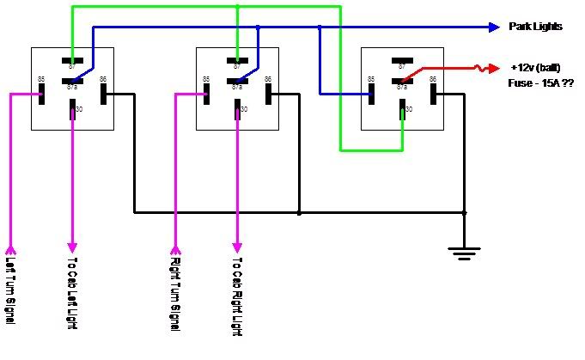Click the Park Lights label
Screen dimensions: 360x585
pos(535,27)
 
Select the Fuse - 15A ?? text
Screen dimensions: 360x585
pos(541,83)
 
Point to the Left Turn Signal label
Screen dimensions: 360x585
pos(10,290)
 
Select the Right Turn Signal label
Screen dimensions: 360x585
pos(175,290)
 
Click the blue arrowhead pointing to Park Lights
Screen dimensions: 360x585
pos(494,27)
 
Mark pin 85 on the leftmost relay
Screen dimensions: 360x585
pos(41,93)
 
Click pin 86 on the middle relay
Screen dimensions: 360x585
pos(268,93)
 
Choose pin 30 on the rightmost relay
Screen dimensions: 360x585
pos(402,111)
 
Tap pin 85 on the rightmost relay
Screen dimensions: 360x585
pos(371,93)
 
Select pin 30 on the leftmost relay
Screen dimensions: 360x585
pos(72,111)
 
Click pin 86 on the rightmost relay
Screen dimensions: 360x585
pos(433,93)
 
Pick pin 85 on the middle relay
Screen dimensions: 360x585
pos(206,93)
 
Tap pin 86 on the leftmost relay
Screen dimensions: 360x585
pos(103,93)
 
